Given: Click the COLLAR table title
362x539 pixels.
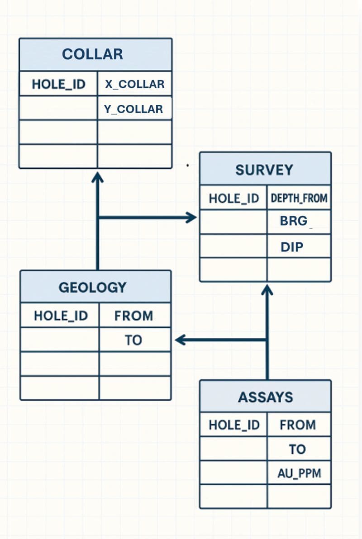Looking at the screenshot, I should click(x=92, y=54).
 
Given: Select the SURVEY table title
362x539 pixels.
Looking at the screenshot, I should click(x=264, y=170).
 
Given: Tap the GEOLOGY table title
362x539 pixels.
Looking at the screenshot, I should click(x=92, y=287).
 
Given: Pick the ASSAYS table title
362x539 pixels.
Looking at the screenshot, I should click(x=265, y=397).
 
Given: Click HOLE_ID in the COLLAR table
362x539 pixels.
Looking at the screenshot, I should click(x=58, y=85).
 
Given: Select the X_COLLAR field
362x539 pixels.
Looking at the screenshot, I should click(x=134, y=85).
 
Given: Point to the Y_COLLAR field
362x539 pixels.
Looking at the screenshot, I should click(x=133, y=109).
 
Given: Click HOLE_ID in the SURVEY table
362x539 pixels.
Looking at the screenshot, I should click(x=233, y=198).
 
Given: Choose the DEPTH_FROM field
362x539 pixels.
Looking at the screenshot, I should click(x=299, y=198).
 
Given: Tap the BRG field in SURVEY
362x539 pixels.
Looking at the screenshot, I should click(x=294, y=221).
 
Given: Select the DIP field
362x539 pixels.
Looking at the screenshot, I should click(x=292, y=247).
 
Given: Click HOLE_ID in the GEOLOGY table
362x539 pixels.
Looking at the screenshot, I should click(x=61, y=316).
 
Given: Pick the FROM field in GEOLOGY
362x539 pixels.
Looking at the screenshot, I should click(x=133, y=316).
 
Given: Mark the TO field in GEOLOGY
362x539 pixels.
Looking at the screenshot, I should click(x=133, y=340).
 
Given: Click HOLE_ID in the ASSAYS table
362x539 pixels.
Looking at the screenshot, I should click(x=234, y=425).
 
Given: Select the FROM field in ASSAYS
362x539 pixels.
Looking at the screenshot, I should click(x=297, y=425).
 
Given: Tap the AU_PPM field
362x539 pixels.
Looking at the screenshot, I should click(x=299, y=473).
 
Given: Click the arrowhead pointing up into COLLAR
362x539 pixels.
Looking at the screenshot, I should click(x=97, y=177).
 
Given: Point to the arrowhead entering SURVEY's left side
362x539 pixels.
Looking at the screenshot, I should click(x=191, y=217).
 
